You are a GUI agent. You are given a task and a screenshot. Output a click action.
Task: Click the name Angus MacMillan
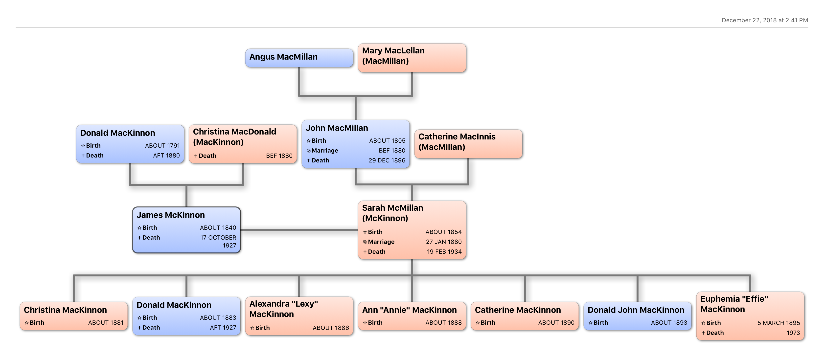pos(283,57)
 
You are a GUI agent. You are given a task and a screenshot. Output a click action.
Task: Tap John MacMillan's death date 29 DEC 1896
pos(387,160)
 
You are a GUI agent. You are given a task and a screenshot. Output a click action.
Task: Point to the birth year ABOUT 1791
pos(162,146)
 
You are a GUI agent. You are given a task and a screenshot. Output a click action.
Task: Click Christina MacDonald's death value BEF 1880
pos(279,156)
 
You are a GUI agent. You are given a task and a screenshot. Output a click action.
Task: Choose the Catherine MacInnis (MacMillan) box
pos(468,144)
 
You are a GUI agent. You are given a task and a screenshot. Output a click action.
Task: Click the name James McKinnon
pos(170,215)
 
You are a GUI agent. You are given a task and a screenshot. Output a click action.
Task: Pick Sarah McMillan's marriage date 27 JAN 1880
pos(444,242)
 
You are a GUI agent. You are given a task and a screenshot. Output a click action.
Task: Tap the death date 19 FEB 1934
pos(444,252)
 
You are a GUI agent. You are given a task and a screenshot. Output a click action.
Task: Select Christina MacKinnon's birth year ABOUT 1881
pos(106,323)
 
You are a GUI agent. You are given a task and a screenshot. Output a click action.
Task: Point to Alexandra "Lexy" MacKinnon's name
pos(283,309)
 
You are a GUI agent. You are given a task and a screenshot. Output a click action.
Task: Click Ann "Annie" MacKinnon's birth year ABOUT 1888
pos(443,323)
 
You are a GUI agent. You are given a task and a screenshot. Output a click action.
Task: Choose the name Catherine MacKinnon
pos(518,310)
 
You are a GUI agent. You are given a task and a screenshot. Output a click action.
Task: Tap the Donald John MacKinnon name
pos(636,310)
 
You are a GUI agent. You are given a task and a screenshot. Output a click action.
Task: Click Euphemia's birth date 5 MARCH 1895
pos(778,323)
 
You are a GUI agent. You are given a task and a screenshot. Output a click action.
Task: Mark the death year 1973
pos(793,333)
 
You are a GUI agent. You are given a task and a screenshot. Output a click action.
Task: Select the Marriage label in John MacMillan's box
pos(324,151)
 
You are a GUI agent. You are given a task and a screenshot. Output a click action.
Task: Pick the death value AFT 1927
pos(223,328)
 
